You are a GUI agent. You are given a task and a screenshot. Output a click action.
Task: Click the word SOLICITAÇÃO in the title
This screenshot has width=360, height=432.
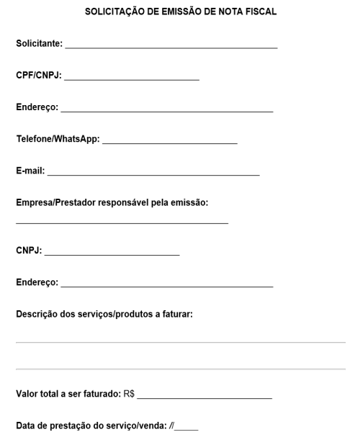click(113, 13)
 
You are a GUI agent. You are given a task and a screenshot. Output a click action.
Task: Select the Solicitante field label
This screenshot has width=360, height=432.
click(39, 45)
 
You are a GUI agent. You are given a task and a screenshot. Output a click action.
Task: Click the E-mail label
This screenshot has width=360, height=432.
click(30, 171)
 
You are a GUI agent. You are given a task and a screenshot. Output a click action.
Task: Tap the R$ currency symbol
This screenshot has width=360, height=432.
click(130, 394)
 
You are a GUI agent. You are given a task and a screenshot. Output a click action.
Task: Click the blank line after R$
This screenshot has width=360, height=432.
click(204, 397)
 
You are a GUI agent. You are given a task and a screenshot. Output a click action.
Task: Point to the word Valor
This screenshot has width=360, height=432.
click(27, 394)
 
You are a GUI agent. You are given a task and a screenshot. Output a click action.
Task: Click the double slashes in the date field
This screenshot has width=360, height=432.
click(171, 425)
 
